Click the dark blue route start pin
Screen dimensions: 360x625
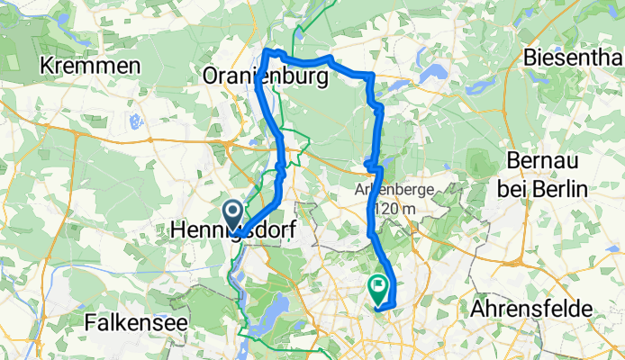[x=231, y=213]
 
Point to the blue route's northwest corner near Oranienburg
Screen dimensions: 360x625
[x=267, y=51]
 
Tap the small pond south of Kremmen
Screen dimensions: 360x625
[x=135, y=121]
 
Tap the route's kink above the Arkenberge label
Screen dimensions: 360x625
[x=372, y=164]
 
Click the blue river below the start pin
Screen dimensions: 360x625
[x=237, y=270]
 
